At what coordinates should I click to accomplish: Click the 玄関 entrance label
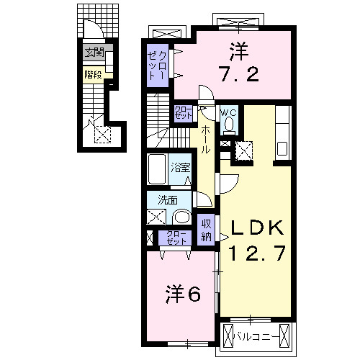tap(94, 53)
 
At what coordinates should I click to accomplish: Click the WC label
tap(228, 112)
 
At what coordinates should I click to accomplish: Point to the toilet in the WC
tap(229, 125)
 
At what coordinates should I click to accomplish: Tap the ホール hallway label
tap(205, 139)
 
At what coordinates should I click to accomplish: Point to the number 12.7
tap(258, 253)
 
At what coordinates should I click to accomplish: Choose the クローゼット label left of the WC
tap(184, 113)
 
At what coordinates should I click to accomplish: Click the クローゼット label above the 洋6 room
tap(175, 238)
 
